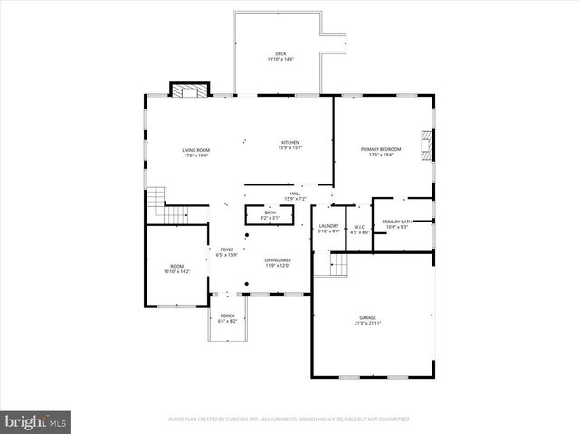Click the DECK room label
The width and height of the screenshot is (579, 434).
[280, 53]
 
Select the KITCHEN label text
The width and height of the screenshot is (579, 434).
[290, 143]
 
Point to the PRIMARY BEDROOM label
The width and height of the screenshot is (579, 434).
[381, 149]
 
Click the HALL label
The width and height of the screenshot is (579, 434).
[295, 193]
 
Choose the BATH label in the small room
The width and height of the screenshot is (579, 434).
[270, 213]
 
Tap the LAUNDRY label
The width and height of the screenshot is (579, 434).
[329, 226]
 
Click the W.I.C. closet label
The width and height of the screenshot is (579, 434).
[359, 227]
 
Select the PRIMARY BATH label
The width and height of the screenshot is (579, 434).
[397, 222]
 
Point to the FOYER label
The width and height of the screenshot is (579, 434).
[225, 250]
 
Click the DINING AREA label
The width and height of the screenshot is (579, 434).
[278, 259]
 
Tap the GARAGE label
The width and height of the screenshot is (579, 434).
[368, 318]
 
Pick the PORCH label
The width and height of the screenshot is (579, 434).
[226, 316]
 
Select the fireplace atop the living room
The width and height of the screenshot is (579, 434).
[189, 90]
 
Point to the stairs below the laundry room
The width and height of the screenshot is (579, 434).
[338, 265]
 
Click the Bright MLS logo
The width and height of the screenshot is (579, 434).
[35, 421]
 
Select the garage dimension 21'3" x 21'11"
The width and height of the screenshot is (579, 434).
[368, 323]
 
